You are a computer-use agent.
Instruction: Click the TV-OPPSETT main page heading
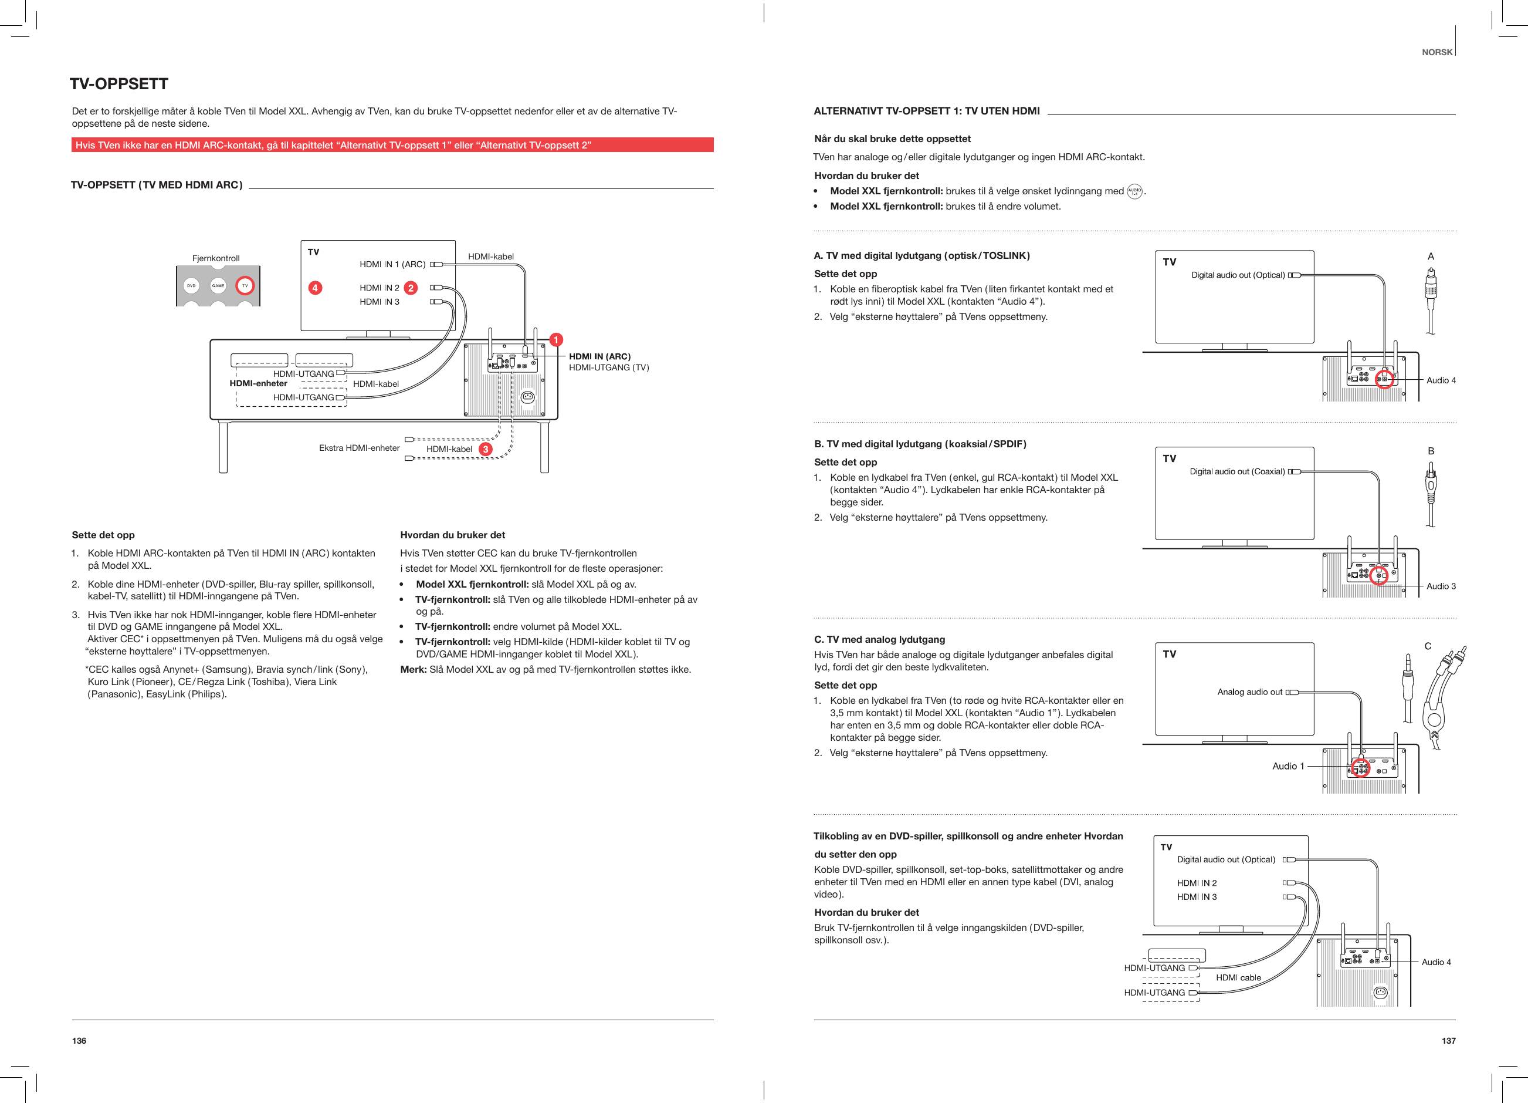(118, 83)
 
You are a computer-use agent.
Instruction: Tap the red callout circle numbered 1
(556, 340)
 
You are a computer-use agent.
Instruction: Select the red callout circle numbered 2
(410, 288)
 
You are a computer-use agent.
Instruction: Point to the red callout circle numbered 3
(485, 449)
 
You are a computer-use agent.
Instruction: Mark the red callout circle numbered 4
(314, 288)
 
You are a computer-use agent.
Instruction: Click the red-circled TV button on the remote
(245, 286)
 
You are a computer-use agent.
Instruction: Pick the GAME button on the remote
(218, 286)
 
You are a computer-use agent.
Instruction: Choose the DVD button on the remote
(191, 286)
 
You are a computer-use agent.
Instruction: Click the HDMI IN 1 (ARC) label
(392, 264)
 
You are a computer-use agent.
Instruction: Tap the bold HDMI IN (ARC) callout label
(599, 357)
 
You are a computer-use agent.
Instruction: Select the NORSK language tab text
(1437, 52)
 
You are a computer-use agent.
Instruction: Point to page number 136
(79, 1040)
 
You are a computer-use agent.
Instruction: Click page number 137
(1448, 1040)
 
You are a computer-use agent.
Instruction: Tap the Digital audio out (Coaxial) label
(1237, 471)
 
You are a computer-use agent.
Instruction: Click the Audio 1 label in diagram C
(1288, 766)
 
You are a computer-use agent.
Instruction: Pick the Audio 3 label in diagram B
(1441, 586)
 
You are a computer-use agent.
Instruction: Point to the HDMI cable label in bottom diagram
(1238, 977)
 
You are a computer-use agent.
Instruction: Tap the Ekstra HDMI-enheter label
(359, 448)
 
